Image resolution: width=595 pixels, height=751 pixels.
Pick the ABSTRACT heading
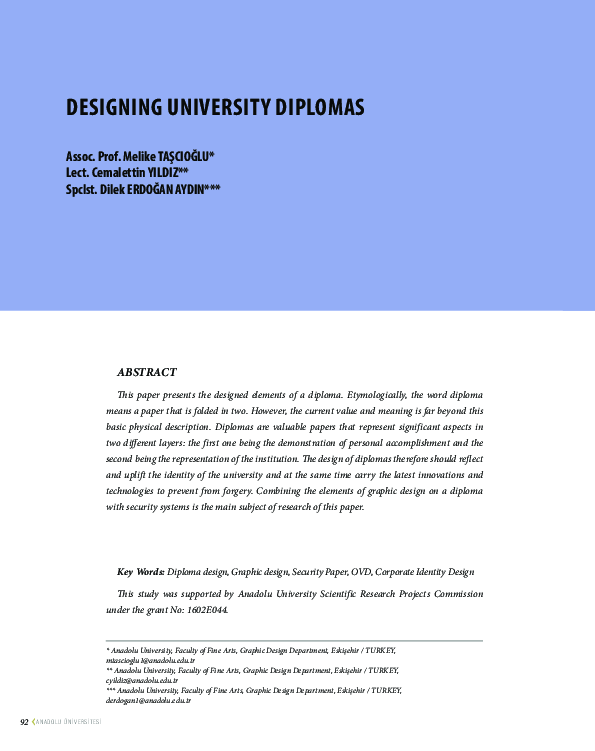pos(147,372)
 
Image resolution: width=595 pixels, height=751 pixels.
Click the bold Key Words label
pos(141,572)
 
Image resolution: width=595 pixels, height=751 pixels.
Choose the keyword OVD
pos(361,572)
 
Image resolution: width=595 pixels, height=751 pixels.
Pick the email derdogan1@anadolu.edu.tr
pos(141,700)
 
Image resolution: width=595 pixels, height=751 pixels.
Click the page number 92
pos(25,722)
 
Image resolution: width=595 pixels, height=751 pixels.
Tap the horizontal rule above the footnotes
pos(294,640)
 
